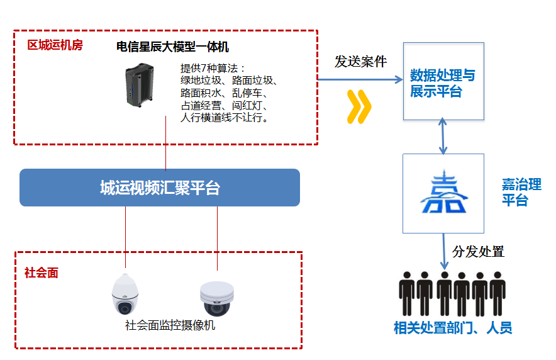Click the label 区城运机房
(x=55, y=45)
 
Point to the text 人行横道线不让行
(x=225, y=117)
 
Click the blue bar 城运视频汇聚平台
(x=160, y=188)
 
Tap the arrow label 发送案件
(x=360, y=61)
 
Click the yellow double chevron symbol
(x=359, y=106)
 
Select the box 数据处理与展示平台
(x=443, y=82)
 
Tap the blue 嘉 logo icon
(x=443, y=192)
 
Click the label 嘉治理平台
(x=521, y=192)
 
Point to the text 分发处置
(x=478, y=252)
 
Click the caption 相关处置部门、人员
(x=453, y=328)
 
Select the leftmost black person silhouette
(x=406, y=294)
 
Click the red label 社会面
(x=42, y=273)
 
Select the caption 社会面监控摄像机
(x=170, y=325)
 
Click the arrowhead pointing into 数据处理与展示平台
(x=398, y=79)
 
